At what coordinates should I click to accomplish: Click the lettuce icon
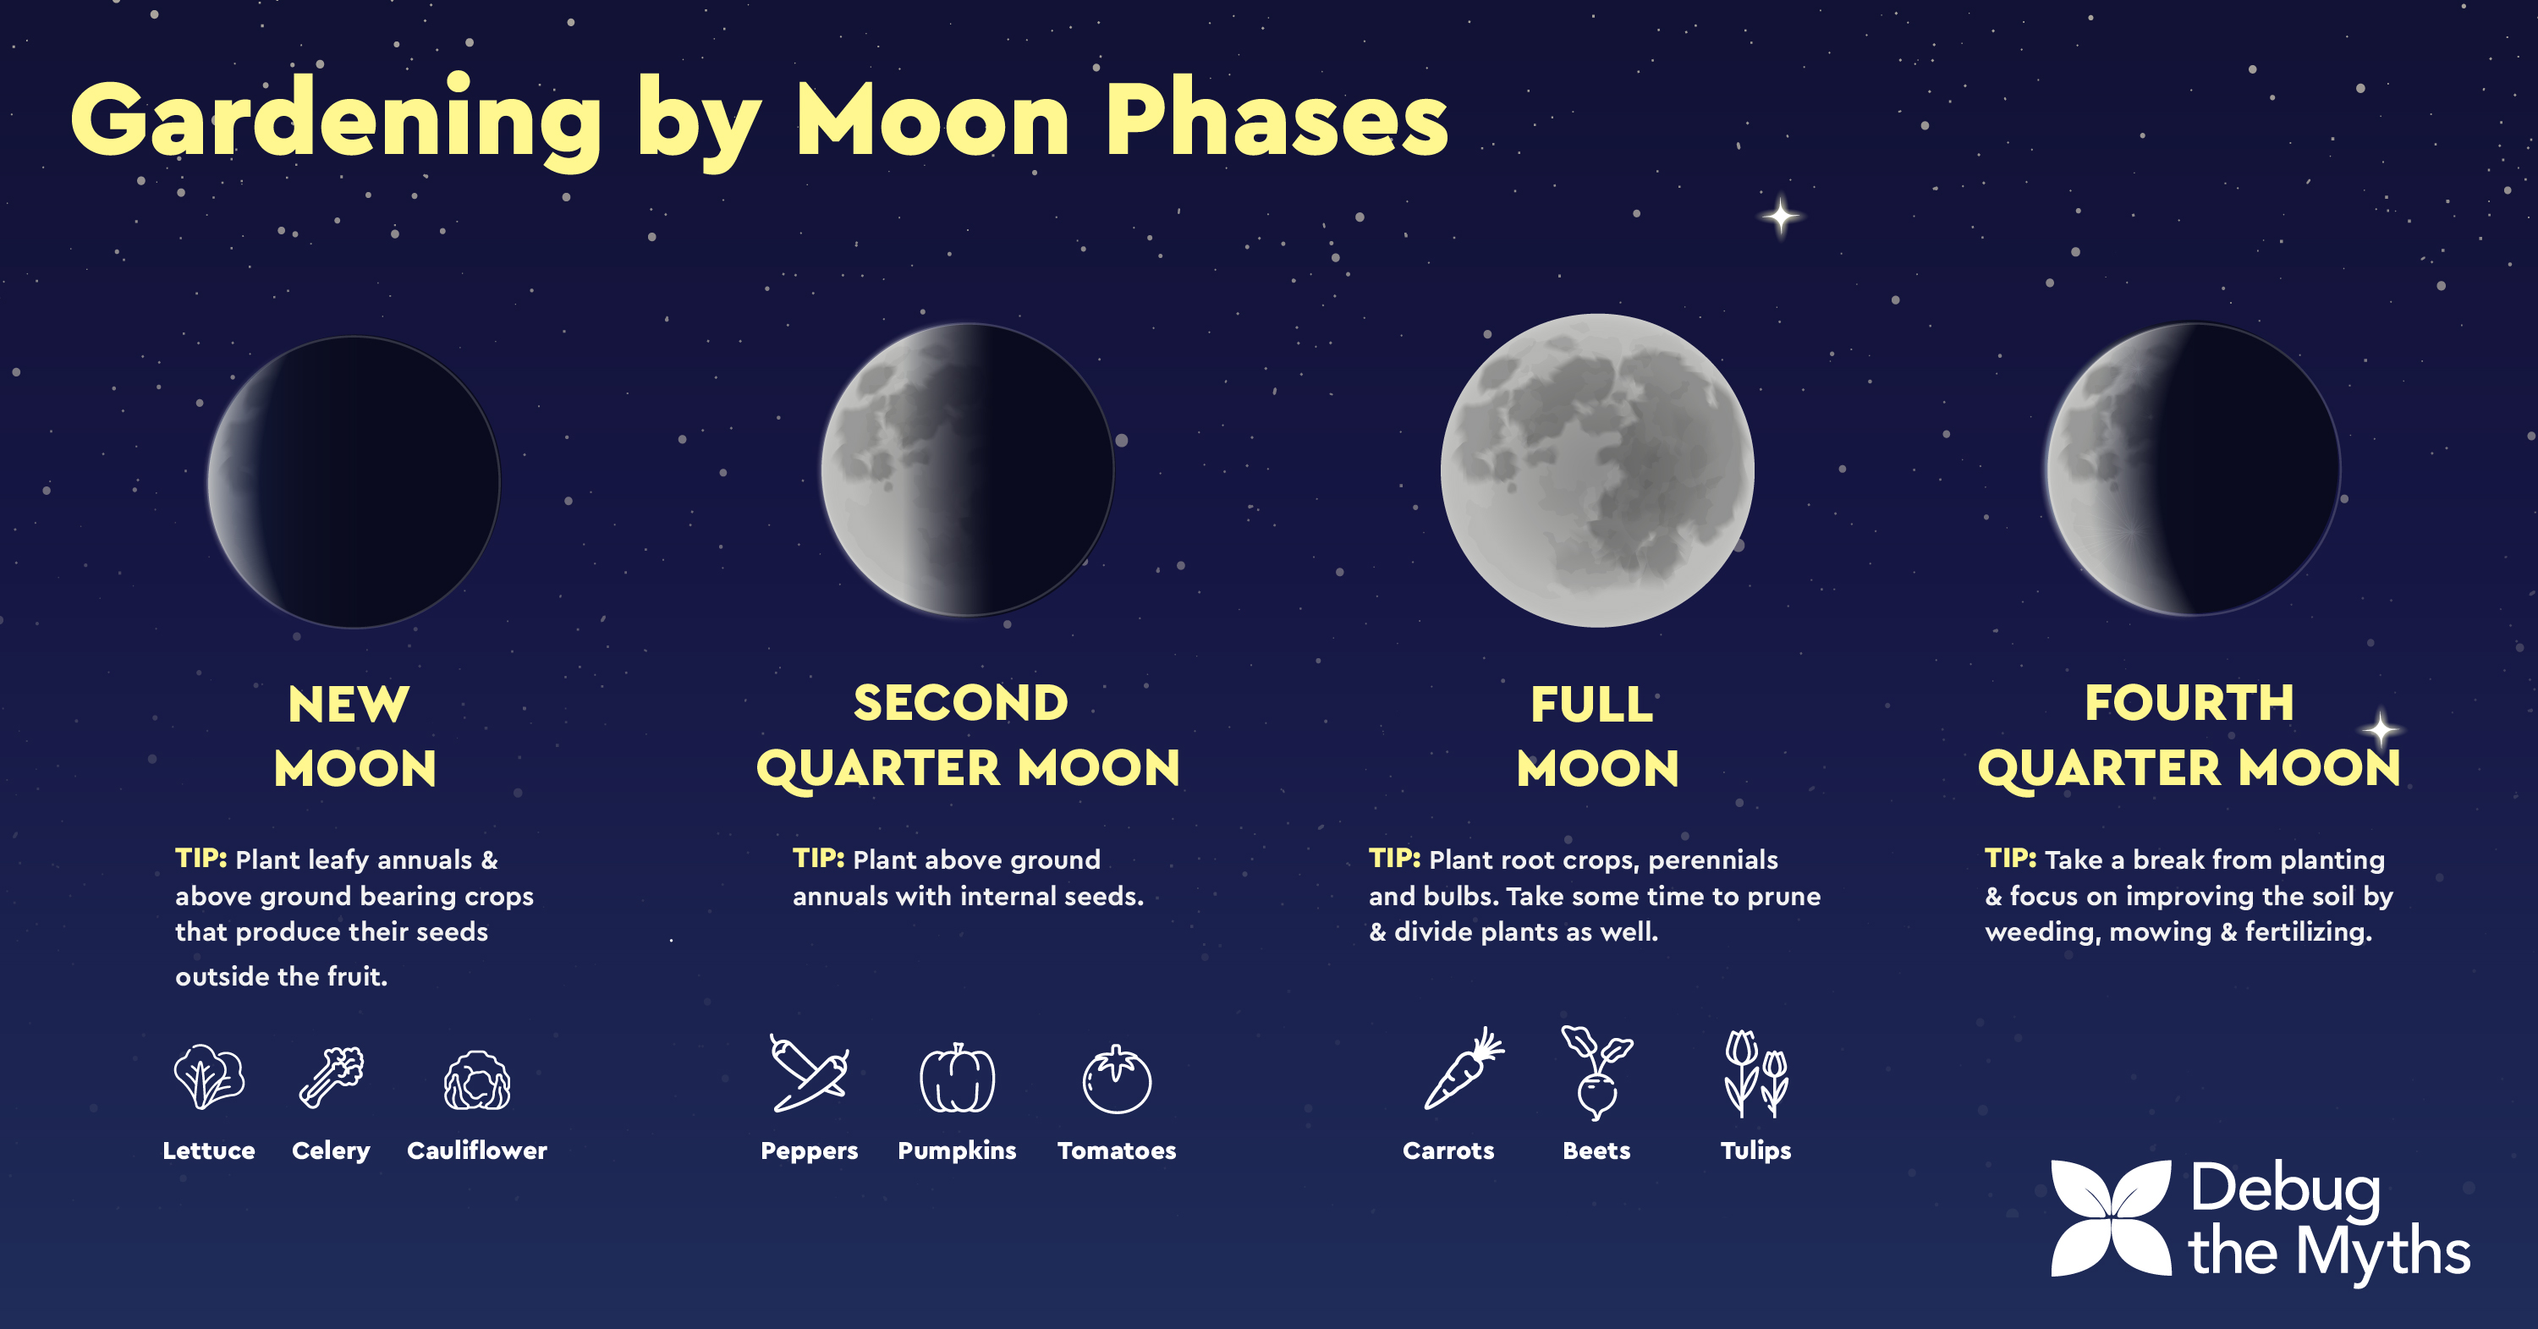coord(209,1077)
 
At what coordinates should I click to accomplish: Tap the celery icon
coord(331,1077)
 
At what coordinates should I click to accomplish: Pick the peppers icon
coord(809,1073)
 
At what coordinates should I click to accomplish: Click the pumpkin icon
coord(957,1078)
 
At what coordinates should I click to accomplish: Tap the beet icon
coord(1596,1073)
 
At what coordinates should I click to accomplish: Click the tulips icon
coord(1755,1074)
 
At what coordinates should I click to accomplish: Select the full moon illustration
coord(1597,470)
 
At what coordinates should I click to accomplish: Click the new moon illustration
coord(354,481)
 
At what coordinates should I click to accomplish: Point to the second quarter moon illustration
coord(968,469)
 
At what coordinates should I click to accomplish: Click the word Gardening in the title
coord(336,121)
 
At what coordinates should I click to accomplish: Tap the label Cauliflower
coord(477,1151)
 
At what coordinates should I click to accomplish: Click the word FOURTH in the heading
coord(2189,704)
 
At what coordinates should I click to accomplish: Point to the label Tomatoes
coord(1116,1151)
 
